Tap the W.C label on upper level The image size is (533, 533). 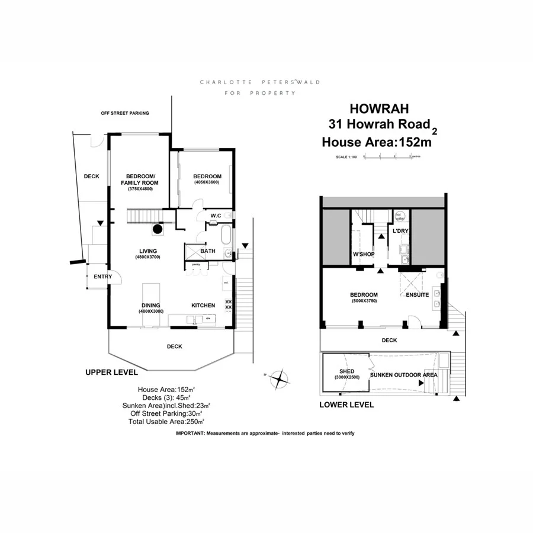pyautogui.click(x=216, y=216)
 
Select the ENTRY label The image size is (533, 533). pyautogui.click(x=102, y=277)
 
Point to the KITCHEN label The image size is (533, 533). pyautogui.click(x=203, y=305)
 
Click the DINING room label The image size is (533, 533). pyautogui.click(x=151, y=305)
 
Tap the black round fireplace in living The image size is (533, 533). pyautogui.click(x=158, y=229)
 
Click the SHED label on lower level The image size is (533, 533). pyautogui.click(x=346, y=372)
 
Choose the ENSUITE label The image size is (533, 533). pyautogui.click(x=418, y=294)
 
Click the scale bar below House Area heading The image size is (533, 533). pyautogui.click(x=379, y=157)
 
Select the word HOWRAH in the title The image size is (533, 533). pyautogui.click(x=379, y=108)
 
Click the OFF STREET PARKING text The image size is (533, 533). pyautogui.click(x=124, y=113)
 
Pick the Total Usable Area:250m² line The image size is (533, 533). pyautogui.click(x=166, y=421)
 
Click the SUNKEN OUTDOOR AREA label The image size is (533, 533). pyautogui.click(x=404, y=375)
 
